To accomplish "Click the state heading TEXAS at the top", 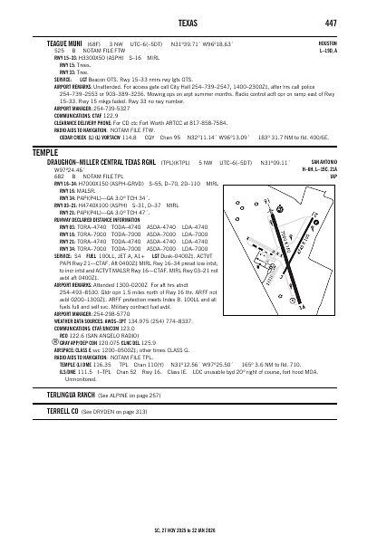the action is [183, 22].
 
